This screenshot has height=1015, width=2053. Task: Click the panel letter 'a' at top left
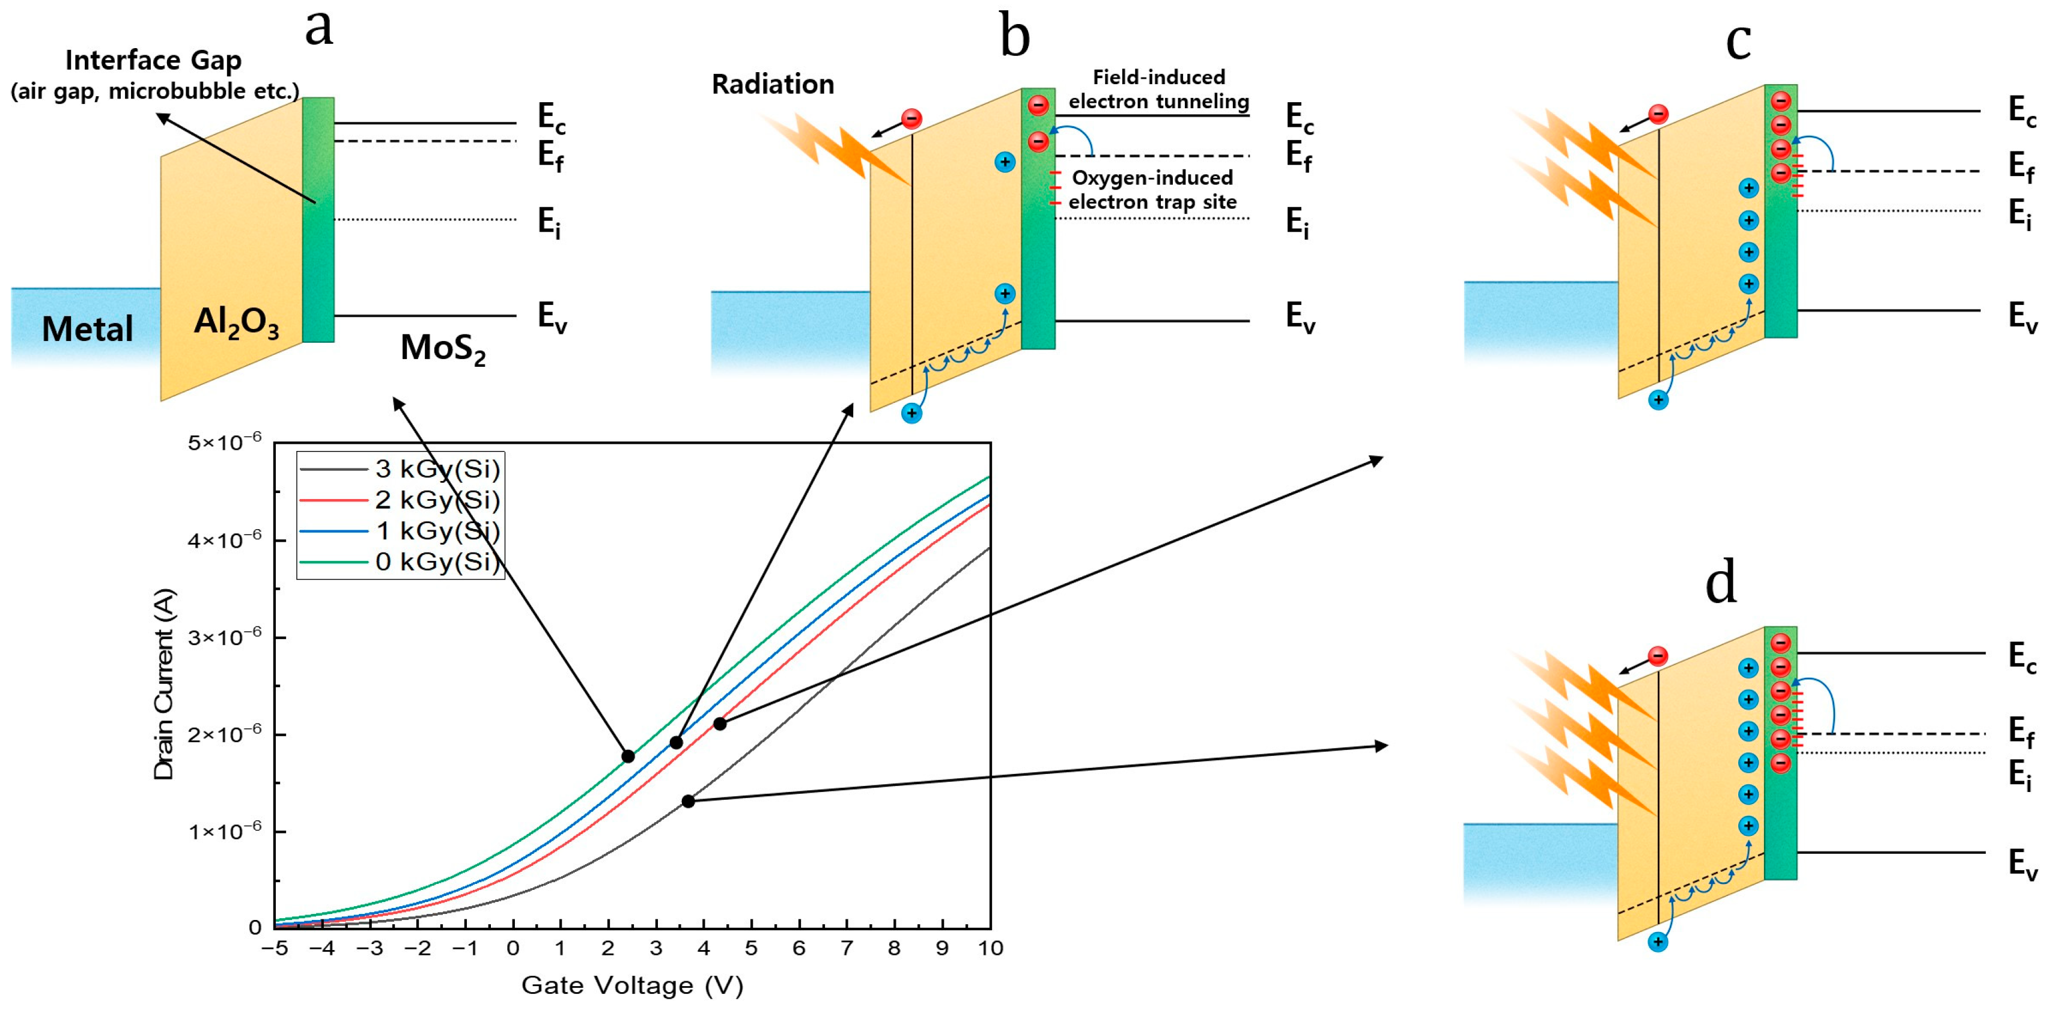coord(319,28)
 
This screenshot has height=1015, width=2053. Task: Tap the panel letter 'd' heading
coord(1721,582)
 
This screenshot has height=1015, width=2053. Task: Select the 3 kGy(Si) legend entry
coord(437,469)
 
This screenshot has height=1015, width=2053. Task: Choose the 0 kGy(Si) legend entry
coord(437,562)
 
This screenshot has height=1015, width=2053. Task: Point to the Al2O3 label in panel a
coord(237,323)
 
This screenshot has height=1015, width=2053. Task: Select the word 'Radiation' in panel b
coord(772,85)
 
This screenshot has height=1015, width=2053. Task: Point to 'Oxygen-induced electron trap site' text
coord(1152,190)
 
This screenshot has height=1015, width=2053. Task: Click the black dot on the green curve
coord(628,756)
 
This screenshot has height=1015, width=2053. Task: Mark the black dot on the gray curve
coord(688,800)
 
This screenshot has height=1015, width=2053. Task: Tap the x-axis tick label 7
coord(847,948)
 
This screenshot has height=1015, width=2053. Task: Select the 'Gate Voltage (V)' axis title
coord(632,986)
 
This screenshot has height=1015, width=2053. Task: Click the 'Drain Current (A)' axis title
coord(164,684)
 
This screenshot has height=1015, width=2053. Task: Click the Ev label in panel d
coord(2022,863)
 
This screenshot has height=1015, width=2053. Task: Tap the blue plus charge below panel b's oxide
coord(911,413)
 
